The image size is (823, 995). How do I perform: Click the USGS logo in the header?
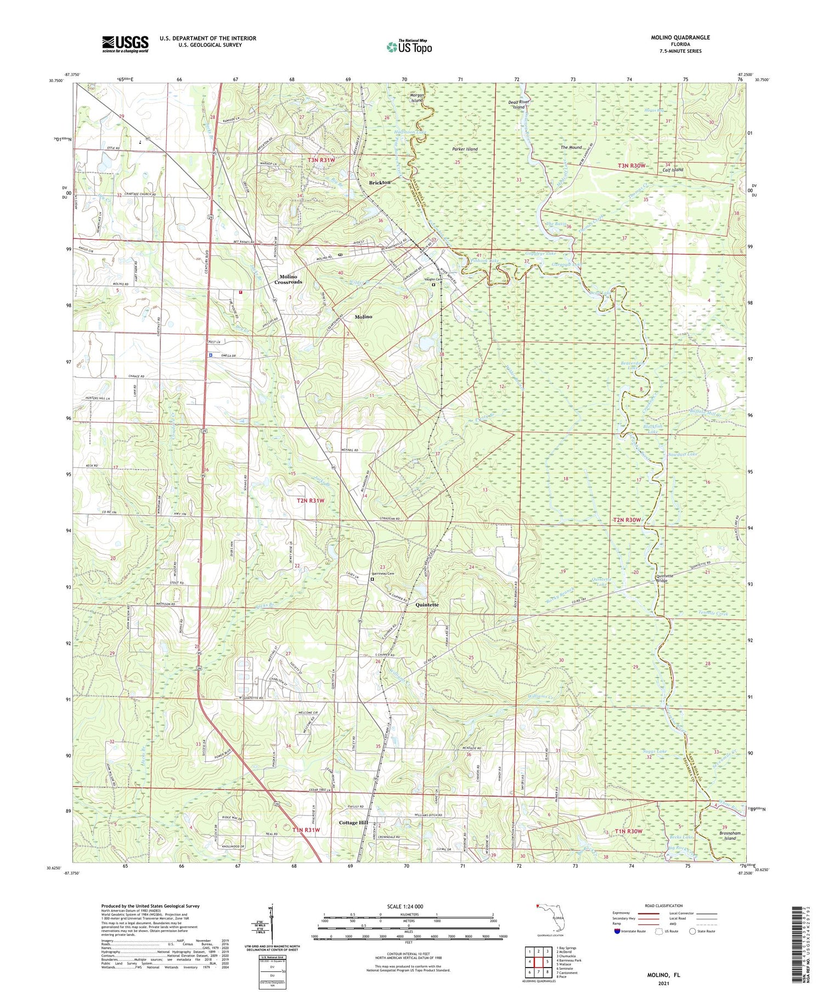[125, 44]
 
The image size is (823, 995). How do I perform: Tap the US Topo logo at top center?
[409, 47]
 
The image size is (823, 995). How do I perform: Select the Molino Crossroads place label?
[288, 279]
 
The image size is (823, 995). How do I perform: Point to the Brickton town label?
[380, 182]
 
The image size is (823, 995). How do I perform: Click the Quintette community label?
[427, 605]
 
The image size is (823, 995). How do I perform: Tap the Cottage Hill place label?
[353, 823]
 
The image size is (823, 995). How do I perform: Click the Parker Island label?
[465, 149]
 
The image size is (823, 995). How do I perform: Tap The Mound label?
[571, 148]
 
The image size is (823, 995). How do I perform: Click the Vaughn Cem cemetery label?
[432, 279]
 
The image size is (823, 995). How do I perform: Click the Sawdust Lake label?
[683, 454]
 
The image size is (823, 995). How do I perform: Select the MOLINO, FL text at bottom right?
[664, 975]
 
